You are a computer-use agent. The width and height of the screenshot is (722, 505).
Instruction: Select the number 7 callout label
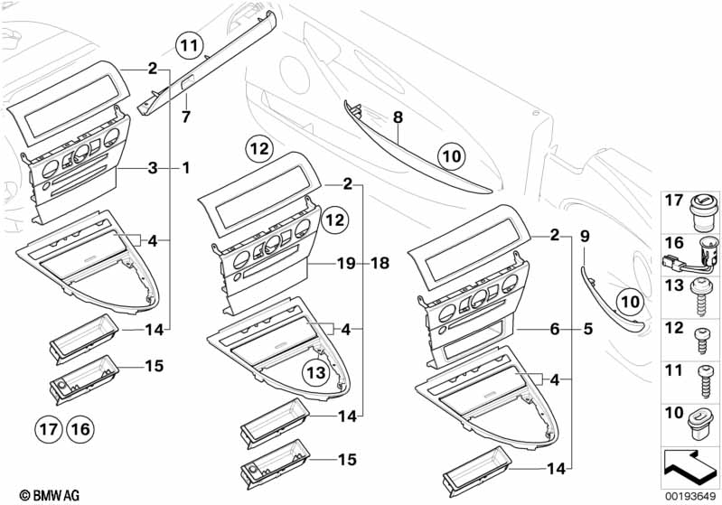(186, 117)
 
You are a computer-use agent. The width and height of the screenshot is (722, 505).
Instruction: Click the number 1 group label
(185, 168)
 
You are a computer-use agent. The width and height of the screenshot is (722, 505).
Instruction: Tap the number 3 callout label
(153, 168)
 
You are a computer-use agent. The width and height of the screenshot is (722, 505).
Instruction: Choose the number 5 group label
(588, 330)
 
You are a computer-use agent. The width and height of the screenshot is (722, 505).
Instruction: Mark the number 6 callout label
(555, 330)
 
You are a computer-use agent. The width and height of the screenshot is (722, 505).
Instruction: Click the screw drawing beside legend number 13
(701, 295)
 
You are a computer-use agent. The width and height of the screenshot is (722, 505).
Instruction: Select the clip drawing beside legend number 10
(701, 419)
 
